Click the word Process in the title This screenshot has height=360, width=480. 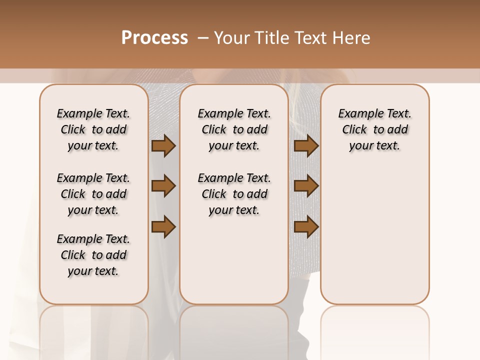154,38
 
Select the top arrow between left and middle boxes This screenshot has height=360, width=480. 163,145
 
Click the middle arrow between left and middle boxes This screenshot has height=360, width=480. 163,186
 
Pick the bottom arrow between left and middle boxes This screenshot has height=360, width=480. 163,227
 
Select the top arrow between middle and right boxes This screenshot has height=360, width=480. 306,145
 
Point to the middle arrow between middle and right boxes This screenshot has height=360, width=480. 306,186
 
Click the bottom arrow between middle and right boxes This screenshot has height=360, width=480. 306,227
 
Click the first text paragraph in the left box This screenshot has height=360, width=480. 93,129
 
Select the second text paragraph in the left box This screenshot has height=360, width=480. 93,194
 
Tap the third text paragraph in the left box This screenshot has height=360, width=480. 93,255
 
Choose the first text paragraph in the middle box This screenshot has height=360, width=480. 234,129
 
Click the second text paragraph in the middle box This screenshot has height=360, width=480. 234,194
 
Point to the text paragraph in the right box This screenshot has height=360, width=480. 374,129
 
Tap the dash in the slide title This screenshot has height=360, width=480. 203,38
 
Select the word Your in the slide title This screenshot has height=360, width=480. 232,38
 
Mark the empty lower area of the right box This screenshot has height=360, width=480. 374,235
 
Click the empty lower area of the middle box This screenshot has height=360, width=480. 234,260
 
